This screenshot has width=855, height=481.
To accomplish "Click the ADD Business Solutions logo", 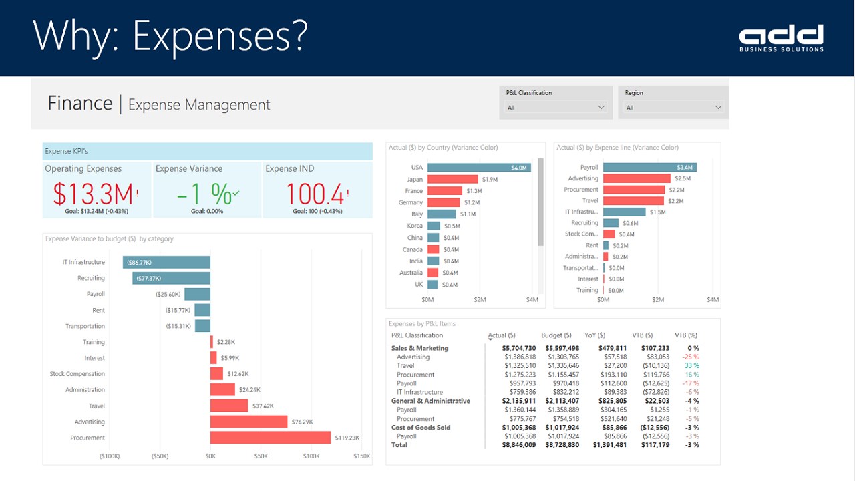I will (x=781, y=37).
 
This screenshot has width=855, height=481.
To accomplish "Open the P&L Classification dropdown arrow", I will (x=601, y=107).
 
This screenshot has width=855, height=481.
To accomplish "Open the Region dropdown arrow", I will (x=719, y=107).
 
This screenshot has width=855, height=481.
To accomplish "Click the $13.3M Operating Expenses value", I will (x=94, y=194).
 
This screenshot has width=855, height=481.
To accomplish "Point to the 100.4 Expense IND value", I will (x=315, y=194).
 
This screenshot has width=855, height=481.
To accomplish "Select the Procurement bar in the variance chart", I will (x=271, y=438).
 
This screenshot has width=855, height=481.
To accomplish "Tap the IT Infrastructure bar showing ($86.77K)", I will (x=166, y=263).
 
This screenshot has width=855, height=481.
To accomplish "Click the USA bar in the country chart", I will (x=479, y=168).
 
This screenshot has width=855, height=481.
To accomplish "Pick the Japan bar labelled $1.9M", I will (x=452, y=179).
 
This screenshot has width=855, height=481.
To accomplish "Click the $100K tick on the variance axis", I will (x=311, y=456).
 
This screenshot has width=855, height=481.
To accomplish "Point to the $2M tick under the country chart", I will (x=480, y=300).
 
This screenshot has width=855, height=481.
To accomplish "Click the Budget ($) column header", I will (x=556, y=335).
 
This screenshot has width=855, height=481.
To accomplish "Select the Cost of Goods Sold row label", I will (x=421, y=428).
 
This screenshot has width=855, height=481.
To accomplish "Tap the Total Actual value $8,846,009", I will (x=519, y=445).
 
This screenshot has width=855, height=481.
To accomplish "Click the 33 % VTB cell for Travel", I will (x=691, y=366).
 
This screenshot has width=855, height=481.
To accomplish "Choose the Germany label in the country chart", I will (x=411, y=202).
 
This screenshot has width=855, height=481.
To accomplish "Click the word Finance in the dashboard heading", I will (x=79, y=104).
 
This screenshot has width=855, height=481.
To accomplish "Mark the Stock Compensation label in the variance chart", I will (x=77, y=374).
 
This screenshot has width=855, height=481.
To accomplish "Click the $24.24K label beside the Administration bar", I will (x=249, y=389).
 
